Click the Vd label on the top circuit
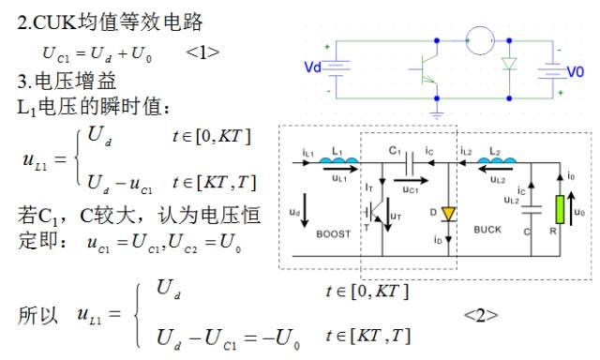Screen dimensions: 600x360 coord(312,67)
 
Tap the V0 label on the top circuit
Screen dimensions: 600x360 coord(575,72)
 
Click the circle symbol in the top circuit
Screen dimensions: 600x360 coord(480,40)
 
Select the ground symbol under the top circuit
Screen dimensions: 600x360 coord(437,114)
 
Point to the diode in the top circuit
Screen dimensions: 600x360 coord(509,64)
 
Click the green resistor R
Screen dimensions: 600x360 coord(560,209)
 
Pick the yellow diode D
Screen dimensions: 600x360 coord(448,215)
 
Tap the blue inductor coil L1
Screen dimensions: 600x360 coord(339,160)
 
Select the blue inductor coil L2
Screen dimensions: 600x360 coord(496,160)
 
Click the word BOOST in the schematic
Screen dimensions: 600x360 coord(334,233)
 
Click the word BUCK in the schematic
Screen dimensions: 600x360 coord(487,230)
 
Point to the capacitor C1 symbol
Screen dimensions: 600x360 coord(410,162)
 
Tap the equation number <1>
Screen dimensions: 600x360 coord(202,52)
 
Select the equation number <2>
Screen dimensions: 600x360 coord(481,315)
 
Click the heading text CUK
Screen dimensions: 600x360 coord(54,22)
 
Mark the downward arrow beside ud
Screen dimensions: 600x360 coord(305,210)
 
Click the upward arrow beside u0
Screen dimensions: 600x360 coord(571,208)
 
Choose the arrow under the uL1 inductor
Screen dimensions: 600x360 coord(339,168)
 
